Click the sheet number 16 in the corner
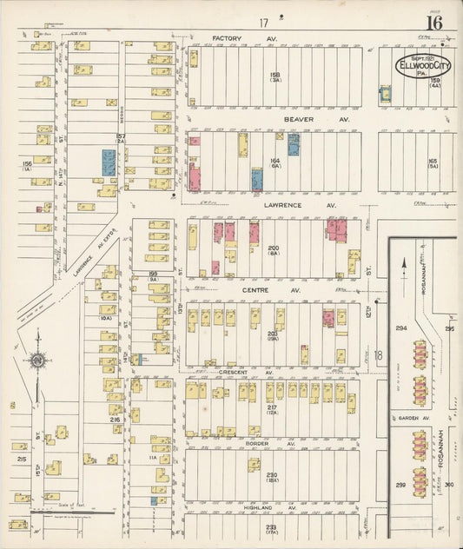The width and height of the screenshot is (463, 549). click(433, 22)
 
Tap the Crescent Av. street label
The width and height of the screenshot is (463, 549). click(232, 372)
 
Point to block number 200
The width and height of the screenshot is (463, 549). click(273, 248)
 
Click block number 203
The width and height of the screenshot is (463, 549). click(272, 332)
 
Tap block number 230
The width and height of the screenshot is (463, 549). click(272, 474)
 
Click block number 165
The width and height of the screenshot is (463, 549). click(432, 161)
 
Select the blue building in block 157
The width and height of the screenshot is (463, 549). click(109, 162)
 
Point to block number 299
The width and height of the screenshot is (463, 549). click(401, 486)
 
